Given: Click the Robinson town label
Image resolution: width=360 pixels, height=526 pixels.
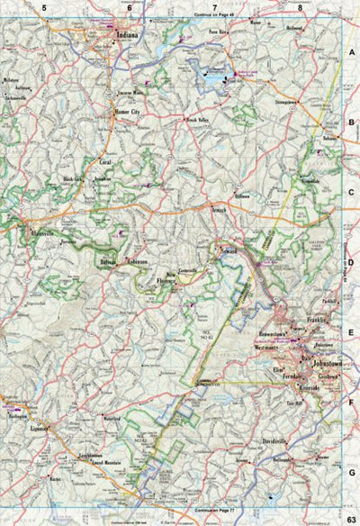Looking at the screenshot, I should click(x=136, y=261).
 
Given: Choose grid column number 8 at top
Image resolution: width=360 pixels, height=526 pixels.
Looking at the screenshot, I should click(x=300, y=7).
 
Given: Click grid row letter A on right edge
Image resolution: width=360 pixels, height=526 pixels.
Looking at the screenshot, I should click(x=352, y=54).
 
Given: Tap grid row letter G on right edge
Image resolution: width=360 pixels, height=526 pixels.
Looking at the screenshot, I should click(x=352, y=471).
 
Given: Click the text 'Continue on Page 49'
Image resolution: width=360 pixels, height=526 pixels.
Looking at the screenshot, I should click(x=213, y=15).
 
